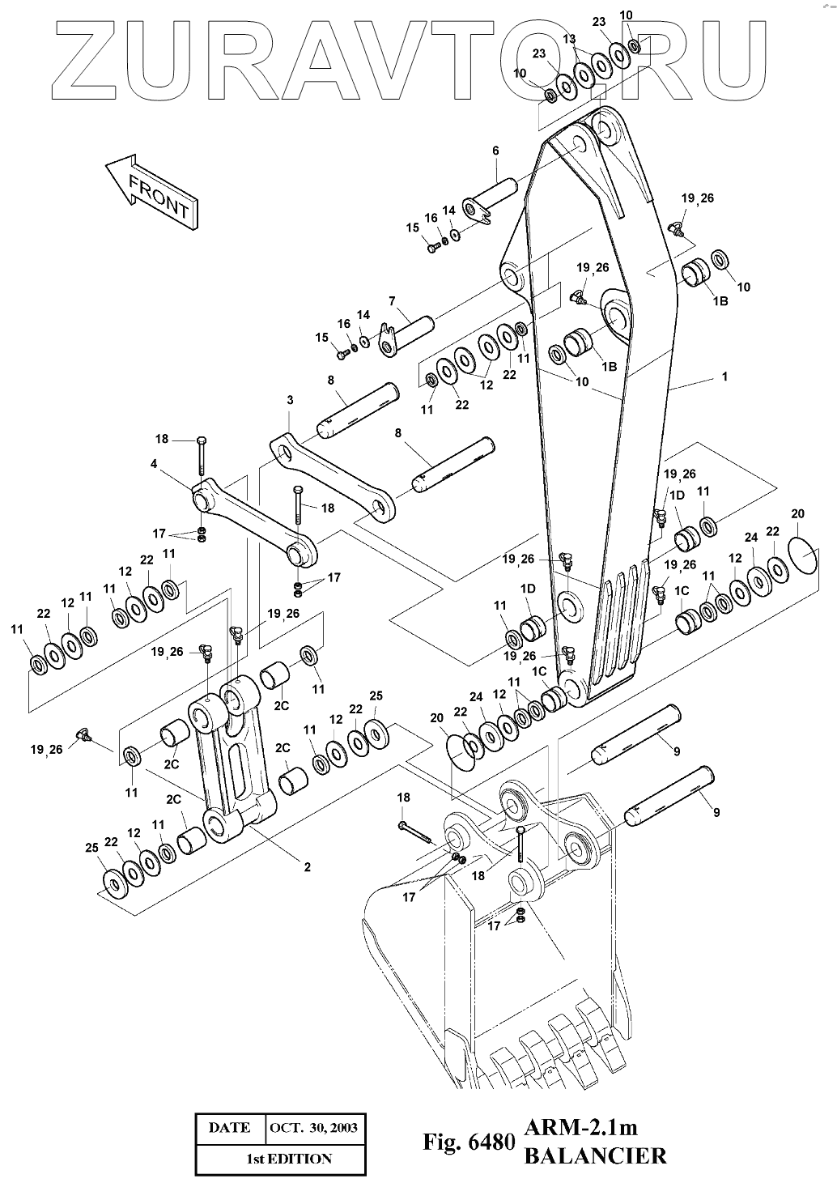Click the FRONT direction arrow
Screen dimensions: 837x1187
click(152, 191)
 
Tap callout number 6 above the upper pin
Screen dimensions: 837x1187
click(495, 151)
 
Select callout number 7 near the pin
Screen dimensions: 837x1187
click(392, 301)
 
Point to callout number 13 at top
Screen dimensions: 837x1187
click(569, 39)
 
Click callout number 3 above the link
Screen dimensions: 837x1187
click(290, 400)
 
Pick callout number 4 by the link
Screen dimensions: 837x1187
click(154, 464)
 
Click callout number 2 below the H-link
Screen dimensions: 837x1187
click(308, 867)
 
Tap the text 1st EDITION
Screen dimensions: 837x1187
click(289, 1159)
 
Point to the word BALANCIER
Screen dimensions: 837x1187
click(596, 1155)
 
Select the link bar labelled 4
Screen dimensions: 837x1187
click(254, 521)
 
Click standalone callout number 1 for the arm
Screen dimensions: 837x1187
click(724, 377)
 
